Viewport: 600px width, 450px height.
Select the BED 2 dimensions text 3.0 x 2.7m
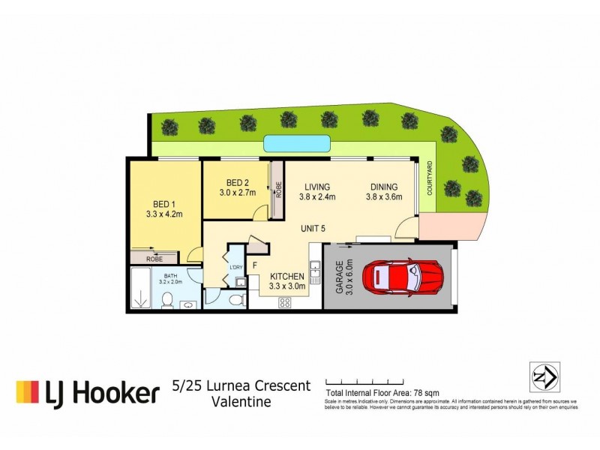point(238,193)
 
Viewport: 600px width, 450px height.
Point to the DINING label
point(384,186)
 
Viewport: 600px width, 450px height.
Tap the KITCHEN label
point(287,275)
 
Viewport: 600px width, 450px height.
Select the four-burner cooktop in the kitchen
point(286,302)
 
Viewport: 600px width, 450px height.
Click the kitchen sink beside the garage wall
point(316,268)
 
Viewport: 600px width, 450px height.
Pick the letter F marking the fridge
point(255,265)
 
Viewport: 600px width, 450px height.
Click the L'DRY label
point(234,267)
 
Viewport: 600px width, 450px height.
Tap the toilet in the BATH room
point(169,301)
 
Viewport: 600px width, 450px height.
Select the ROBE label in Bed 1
point(154,258)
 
